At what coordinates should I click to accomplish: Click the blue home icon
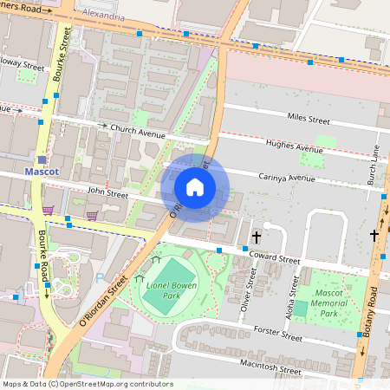coord(195,186)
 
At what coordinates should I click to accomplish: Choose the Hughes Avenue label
coord(295,147)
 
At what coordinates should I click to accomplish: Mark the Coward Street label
coord(274,258)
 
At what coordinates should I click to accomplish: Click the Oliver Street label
coord(251,287)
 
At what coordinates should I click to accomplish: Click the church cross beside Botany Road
coord(375,235)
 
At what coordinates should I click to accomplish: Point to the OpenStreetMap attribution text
coord(88,383)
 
